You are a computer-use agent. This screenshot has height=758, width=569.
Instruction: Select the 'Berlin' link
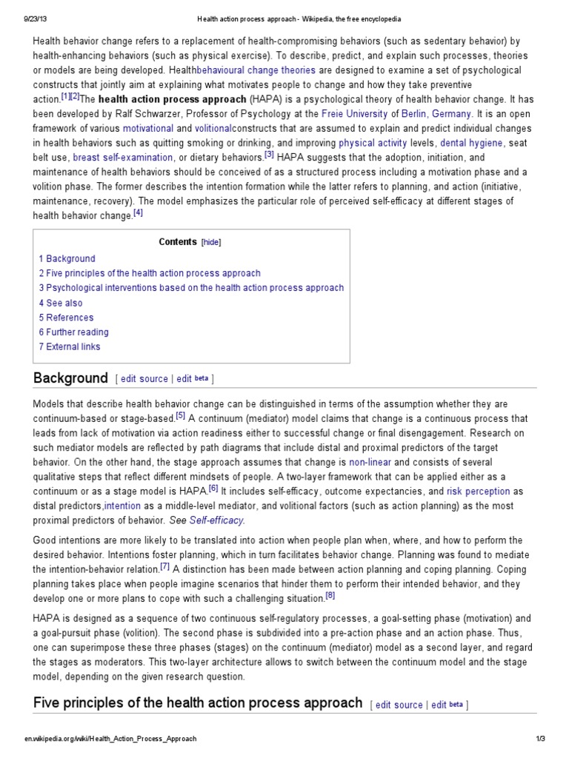coord(415,113)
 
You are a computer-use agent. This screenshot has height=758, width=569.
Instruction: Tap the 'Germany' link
coord(451,113)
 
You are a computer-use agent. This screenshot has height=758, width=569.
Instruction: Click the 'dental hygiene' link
coord(470,142)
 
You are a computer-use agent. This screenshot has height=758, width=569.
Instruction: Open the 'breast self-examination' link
coord(122,157)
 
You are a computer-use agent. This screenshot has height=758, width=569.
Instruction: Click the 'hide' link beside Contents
coord(211,242)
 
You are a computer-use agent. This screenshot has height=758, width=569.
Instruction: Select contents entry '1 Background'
coord(67,258)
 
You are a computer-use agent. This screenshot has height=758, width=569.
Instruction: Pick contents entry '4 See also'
coord(61,303)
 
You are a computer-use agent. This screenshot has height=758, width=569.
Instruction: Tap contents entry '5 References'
coord(67,318)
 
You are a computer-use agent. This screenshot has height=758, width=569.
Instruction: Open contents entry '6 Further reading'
coord(74,332)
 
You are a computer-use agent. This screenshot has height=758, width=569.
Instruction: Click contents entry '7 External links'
coord(70,346)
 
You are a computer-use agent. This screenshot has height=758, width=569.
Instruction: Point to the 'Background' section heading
coord(70,378)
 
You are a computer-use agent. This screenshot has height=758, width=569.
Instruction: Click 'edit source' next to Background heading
coord(144,379)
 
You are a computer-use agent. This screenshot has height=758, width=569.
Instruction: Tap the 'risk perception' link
coord(478,492)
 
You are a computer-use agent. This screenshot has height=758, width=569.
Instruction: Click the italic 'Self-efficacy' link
coord(216,520)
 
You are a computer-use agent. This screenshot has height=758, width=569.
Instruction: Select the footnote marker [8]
coord(330,596)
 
